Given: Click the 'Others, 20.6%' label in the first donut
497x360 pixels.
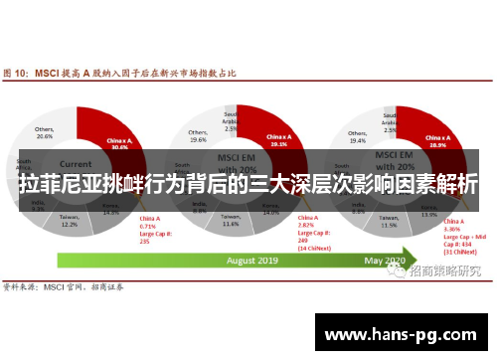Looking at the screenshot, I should click(45, 132).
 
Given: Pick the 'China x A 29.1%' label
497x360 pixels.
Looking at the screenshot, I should click(278, 139).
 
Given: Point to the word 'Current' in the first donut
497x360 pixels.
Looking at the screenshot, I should click(75, 162).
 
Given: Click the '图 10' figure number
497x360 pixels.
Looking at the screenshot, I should click(14, 72).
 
